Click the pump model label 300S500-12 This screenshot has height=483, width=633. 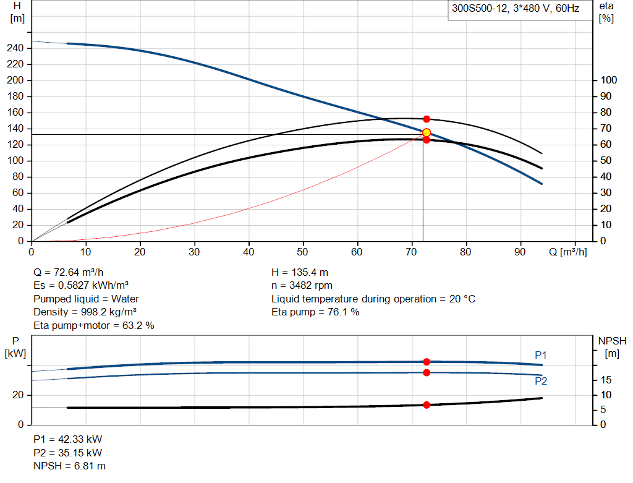pos(479,9)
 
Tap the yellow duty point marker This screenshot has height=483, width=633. pos(427,133)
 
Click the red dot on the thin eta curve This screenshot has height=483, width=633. pos(427,119)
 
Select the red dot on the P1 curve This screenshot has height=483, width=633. pos(427,362)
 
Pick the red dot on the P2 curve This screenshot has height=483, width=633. pos(427,372)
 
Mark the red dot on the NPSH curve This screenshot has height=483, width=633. pos(427,404)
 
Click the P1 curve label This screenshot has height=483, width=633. pos(540,355)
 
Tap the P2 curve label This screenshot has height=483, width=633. pos(541,381)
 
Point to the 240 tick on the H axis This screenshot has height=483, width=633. pos(15,48)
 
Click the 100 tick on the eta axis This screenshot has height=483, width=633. pos(608,80)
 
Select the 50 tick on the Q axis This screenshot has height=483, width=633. pos(302,252)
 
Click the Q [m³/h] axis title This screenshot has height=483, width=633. pos(567,252)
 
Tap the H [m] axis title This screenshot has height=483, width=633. pos(17,12)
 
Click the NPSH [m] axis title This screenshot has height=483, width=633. pos(612,347)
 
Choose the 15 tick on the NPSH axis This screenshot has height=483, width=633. pos(606,380)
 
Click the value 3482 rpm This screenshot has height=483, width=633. pos(311,286)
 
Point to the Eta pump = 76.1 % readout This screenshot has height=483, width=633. pos(315,312)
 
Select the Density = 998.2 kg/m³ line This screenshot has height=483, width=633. pos(85,312)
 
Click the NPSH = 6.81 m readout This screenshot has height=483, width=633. pos(69,466)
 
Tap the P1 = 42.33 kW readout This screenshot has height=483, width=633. pos(68,439)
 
